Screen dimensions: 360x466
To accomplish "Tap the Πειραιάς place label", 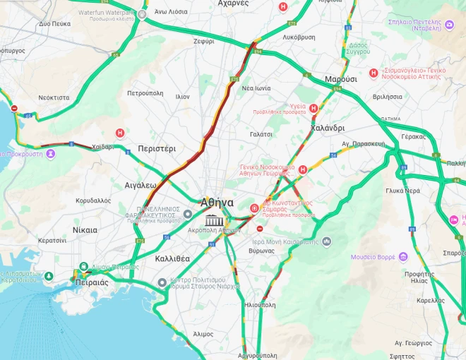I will click(91, 282).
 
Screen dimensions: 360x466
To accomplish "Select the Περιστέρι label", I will click(157, 149).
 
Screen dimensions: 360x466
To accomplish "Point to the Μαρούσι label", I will click(340, 79).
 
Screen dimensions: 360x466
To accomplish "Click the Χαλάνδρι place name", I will click(328, 128).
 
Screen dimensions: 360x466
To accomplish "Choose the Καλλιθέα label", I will click(172, 258).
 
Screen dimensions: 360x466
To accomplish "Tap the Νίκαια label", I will click(85, 230).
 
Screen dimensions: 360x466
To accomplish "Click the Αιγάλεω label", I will click(140, 185).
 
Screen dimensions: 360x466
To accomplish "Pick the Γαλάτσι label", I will click(261, 133).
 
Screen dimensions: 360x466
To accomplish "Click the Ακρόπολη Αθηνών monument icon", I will click(211, 221).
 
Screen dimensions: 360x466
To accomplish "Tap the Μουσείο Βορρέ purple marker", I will click(403, 256).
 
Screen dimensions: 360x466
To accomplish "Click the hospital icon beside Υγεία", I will click(313, 108).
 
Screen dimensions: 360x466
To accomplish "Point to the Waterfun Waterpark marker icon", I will click(143, 13).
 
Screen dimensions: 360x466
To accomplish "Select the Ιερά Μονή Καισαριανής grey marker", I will click(326, 241).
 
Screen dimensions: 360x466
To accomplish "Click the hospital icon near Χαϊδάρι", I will click(120, 133).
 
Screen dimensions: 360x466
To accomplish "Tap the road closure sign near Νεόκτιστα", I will click(14, 108).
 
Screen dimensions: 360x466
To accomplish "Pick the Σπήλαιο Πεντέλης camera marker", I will click(449, 25).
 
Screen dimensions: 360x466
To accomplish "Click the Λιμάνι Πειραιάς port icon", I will click(83, 267).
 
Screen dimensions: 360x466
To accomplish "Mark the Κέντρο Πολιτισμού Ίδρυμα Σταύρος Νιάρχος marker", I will click(162, 283).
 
